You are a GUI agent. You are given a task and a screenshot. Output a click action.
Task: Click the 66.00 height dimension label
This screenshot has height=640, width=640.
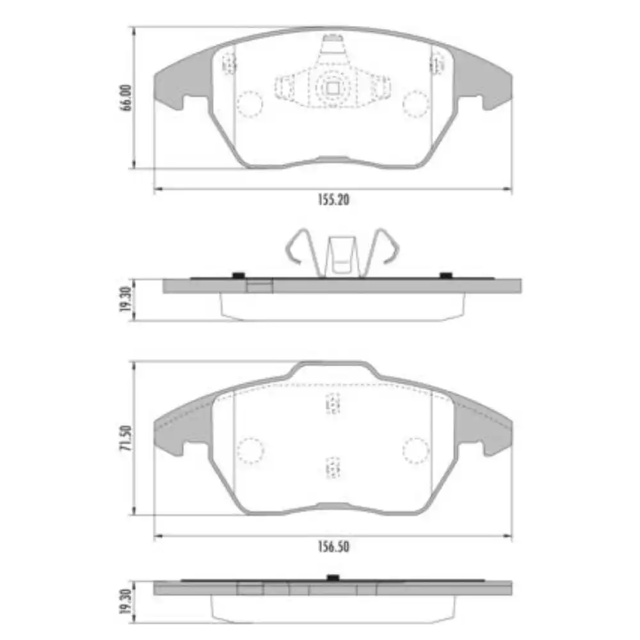(126, 98)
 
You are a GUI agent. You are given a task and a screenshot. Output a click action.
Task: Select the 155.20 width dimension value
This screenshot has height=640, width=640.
(333, 200)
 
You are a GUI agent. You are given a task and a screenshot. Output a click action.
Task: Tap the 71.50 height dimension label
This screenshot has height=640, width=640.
(126, 438)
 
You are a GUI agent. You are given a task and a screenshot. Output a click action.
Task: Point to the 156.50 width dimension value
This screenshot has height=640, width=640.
(333, 547)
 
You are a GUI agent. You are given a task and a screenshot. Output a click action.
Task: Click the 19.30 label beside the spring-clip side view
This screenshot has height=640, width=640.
(126, 300)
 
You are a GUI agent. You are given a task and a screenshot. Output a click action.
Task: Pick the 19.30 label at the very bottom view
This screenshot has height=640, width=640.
(126, 602)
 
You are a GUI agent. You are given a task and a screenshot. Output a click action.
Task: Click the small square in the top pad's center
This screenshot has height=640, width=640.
(332, 88)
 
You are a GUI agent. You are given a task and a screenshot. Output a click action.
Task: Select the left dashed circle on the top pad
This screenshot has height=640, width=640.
(250, 103)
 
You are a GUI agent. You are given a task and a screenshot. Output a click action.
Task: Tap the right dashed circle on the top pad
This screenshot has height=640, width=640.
(415, 103)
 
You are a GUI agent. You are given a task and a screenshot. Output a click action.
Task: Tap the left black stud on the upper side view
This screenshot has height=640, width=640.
(238, 275)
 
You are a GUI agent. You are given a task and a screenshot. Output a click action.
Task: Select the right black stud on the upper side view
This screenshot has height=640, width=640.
(446, 275)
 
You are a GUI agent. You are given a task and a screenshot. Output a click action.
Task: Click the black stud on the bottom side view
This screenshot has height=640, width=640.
(332, 578)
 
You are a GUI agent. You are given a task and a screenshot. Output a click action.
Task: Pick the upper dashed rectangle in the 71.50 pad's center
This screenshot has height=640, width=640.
(332, 404)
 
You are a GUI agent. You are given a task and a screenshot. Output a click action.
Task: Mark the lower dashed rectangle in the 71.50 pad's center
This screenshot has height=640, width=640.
(332, 468)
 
